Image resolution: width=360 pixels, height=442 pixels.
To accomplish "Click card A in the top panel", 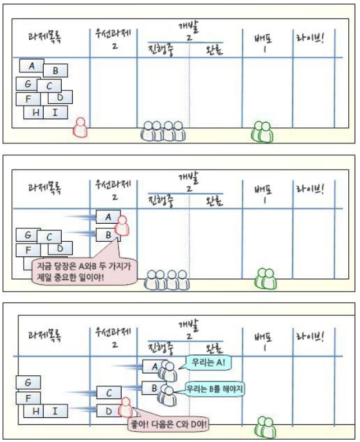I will pyautogui.click(x=32, y=66).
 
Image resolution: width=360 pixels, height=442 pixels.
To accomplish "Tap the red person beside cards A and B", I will pyautogui.click(x=122, y=226).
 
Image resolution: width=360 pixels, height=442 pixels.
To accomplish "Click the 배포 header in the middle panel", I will pyautogui.click(x=264, y=194).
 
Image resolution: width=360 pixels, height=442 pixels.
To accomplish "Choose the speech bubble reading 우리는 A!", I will pyautogui.click(x=206, y=362).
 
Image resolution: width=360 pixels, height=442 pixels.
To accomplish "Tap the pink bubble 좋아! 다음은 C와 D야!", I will pyautogui.click(x=170, y=423).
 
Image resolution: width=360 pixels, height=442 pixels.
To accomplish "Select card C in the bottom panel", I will pyautogui.click(x=109, y=392).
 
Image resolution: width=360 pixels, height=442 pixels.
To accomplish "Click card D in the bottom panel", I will pyautogui.click(x=108, y=412).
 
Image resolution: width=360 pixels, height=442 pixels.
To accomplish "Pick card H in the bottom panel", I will pyautogui.click(x=35, y=412).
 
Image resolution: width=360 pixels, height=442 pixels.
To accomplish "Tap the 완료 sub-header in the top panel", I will pyautogui.click(x=215, y=52).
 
